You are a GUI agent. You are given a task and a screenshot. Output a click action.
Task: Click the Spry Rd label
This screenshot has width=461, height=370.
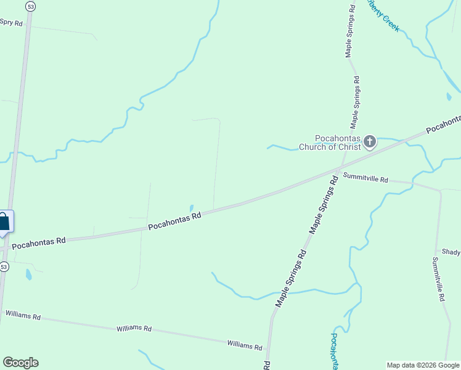(x=11, y=23)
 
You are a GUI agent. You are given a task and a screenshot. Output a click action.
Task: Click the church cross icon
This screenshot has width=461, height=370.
(x=369, y=142)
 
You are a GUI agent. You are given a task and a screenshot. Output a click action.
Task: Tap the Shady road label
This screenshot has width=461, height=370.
(x=451, y=252)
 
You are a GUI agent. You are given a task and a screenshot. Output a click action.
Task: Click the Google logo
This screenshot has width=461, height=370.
(x=20, y=363)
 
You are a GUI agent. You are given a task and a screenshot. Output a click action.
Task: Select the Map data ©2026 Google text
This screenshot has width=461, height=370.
(x=423, y=365)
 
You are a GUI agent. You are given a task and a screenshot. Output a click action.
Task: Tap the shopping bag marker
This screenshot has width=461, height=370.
(x=4, y=222)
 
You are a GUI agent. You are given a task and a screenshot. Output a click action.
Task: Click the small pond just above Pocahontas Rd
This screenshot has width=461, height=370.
(x=191, y=208)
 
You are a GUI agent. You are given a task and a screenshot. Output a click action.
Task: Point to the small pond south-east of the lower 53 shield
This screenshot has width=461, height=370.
(x=28, y=274)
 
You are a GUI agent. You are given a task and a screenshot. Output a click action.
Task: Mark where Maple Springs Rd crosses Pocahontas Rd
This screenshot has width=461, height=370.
(x=338, y=169)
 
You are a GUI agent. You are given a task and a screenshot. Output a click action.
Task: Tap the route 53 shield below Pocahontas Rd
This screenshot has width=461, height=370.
(x=4, y=267)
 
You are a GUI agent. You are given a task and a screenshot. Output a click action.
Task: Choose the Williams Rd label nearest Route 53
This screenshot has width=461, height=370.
(x=23, y=315)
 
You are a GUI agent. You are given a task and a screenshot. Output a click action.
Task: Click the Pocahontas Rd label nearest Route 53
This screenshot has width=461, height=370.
(x=39, y=242)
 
